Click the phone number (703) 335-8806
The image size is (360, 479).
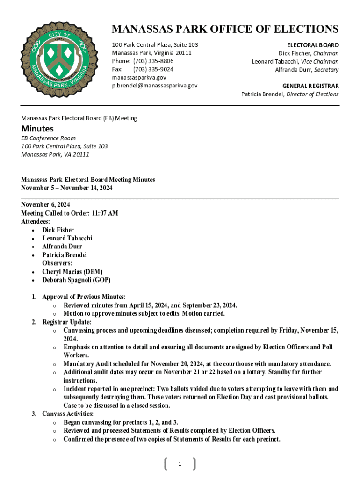click(153, 61)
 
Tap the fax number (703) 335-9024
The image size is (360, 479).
click(153, 69)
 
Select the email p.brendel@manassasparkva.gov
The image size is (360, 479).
click(154, 86)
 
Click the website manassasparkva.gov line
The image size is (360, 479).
click(139, 78)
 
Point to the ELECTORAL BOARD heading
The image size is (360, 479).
click(312, 45)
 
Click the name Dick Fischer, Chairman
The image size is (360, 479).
click(309, 53)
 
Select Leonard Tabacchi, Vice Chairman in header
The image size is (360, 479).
click(295, 61)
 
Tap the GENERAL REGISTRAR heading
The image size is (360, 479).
click(310, 86)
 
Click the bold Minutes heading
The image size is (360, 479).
click(37, 129)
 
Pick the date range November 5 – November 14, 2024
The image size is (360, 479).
click(66, 188)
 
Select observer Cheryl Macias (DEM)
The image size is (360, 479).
click(72, 272)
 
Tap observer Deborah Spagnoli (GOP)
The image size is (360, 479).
click(76, 280)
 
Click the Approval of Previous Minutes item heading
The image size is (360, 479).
click(84, 297)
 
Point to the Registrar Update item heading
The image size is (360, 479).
click(67, 322)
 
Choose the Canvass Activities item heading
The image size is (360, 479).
click(68, 414)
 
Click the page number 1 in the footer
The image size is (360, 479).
click(180, 464)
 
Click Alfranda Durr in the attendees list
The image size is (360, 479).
click(63, 247)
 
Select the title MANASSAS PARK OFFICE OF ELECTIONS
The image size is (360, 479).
click(225, 29)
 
